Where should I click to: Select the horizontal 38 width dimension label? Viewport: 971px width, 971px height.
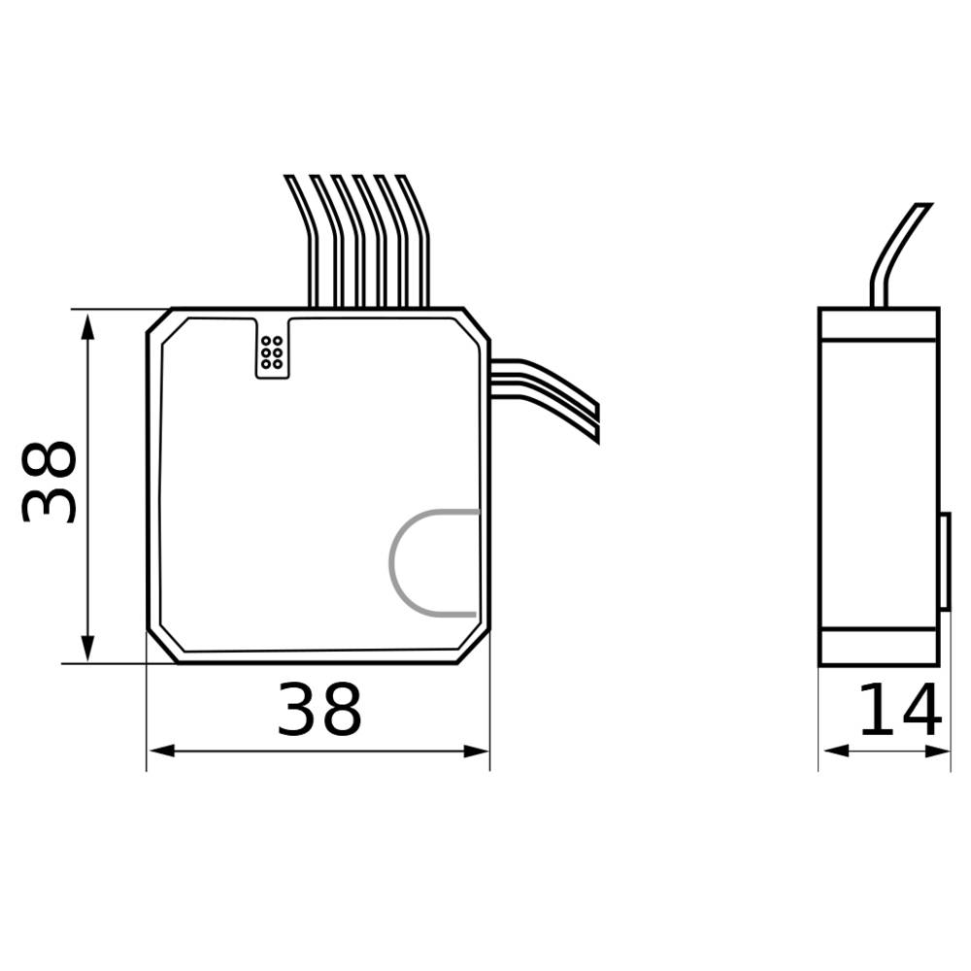pos(319,711)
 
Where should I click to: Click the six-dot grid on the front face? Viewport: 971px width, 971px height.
pos(272,352)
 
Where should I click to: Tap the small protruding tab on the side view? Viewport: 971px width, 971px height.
pos(944,562)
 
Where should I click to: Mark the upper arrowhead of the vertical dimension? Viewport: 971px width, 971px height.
pos(88,325)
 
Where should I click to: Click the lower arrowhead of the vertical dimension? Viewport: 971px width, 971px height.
pos(88,648)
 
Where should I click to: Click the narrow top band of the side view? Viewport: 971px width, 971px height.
pos(879,324)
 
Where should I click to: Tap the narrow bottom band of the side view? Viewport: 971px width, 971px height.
pos(879,647)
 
